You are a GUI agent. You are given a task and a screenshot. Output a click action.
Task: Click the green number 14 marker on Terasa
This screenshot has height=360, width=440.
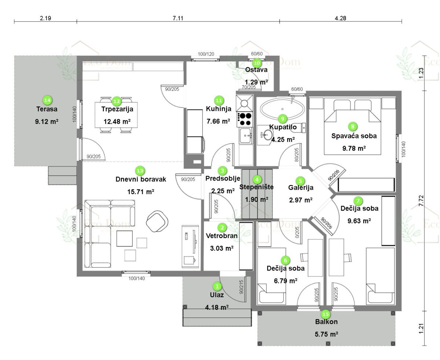pos(47,99)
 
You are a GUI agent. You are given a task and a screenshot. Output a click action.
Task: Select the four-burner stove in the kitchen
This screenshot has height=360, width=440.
pos(245,119)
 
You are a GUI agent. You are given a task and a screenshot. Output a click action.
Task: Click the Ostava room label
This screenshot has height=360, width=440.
pos(256,70)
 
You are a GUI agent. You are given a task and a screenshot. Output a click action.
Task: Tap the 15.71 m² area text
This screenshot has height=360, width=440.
pos(140,192)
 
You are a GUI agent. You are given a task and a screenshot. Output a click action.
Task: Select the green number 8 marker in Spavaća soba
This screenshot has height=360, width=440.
pos(352,127)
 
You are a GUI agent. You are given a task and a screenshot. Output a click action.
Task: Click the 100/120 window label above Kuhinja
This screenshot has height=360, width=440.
pos(206,54)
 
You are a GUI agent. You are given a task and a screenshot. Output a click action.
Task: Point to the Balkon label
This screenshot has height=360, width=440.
pos(326,322)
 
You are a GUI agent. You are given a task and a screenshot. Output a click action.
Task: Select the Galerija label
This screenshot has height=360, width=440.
pos(301,188)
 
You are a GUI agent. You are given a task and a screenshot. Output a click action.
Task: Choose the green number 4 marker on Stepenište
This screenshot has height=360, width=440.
pos(258,179)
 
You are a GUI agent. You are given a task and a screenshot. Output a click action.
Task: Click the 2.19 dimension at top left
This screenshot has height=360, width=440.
pos(45,18)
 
